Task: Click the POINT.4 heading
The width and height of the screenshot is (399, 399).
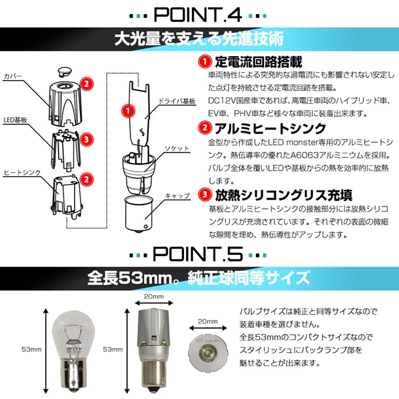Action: click(x=198, y=15)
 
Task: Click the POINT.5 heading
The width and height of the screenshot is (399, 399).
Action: click(x=198, y=254)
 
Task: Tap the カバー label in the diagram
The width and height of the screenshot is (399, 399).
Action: click(x=13, y=76)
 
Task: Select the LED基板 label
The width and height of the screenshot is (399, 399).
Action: click(x=15, y=120)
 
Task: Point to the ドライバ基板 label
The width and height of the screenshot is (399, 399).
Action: click(x=177, y=101)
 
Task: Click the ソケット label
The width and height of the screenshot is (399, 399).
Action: click(x=177, y=148)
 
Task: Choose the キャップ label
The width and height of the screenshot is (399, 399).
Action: click(x=178, y=196)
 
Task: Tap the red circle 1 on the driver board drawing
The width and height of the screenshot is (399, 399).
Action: click(x=128, y=111)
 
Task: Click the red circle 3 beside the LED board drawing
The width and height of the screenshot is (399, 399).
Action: click(x=86, y=140)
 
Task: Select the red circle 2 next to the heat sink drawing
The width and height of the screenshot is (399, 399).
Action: click(x=86, y=180)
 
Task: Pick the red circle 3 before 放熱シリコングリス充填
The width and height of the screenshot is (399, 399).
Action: click(x=205, y=194)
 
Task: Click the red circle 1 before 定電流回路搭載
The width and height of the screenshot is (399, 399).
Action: click(x=205, y=62)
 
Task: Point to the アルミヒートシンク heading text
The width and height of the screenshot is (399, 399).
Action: click(x=270, y=129)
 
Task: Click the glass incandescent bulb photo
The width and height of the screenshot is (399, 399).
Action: click(x=73, y=352)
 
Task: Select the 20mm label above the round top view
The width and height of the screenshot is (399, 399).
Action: click(x=208, y=322)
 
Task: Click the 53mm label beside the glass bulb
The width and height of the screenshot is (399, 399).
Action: click(x=32, y=349)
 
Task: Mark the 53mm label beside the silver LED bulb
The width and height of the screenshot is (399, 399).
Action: click(x=113, y=349)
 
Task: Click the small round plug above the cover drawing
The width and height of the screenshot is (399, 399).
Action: click(x=65, y=71)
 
